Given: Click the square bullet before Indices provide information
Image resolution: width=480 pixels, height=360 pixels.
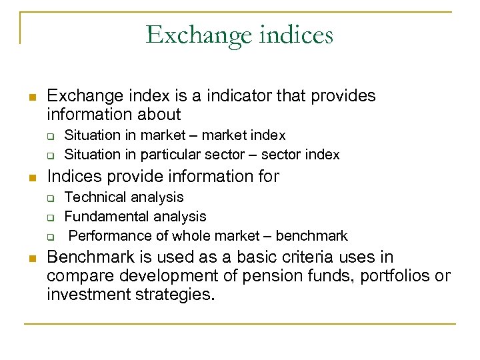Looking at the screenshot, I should (x=31, y=177).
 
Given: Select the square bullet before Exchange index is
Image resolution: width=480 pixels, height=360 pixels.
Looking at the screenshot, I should (x=31, y=97).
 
